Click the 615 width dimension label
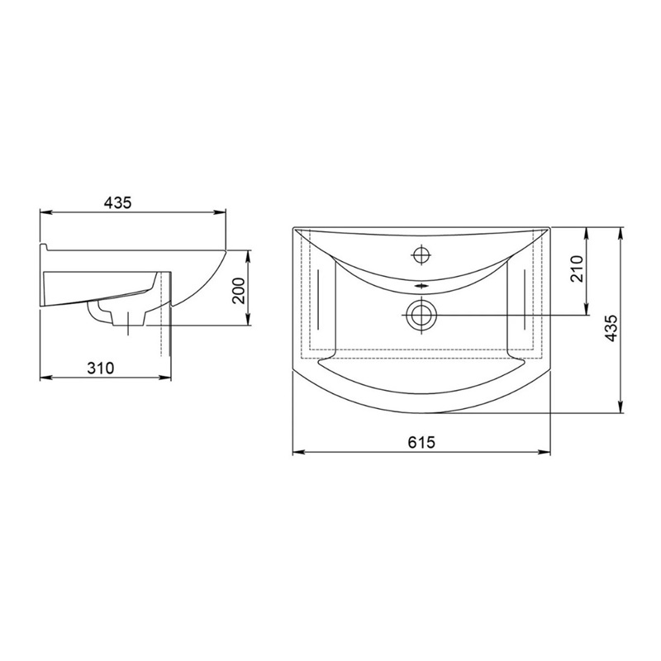(421, 442)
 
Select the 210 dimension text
(576, 269)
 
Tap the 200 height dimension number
(239, 291)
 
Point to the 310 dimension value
(100, 368)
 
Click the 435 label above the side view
(118, 202)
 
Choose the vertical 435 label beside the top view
(611, 328)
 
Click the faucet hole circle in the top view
(421, 254)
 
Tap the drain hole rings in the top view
(421, 315)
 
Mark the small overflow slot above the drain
(421, 286)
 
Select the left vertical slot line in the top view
(318, 299)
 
